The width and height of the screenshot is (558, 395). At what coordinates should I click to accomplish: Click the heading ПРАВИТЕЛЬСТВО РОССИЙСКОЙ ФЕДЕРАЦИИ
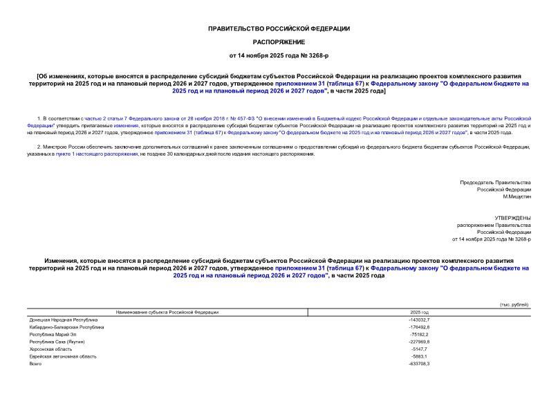279,28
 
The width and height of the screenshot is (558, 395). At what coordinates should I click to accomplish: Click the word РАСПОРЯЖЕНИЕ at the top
279,42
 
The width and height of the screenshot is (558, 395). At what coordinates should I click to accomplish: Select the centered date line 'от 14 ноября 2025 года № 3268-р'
279,55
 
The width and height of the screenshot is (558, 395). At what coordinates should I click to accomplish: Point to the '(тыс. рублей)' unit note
514,305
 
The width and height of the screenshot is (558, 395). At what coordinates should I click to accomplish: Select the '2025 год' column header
419,313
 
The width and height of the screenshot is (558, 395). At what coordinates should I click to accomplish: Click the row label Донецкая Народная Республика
64,320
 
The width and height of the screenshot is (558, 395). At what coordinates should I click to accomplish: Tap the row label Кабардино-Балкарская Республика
66,327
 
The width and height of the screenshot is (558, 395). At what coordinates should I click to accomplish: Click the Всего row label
36,364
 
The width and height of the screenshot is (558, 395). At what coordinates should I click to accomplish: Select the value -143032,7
419,320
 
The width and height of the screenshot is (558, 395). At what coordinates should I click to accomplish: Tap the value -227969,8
419,342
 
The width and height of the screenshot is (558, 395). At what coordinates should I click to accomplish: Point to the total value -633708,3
419,364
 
